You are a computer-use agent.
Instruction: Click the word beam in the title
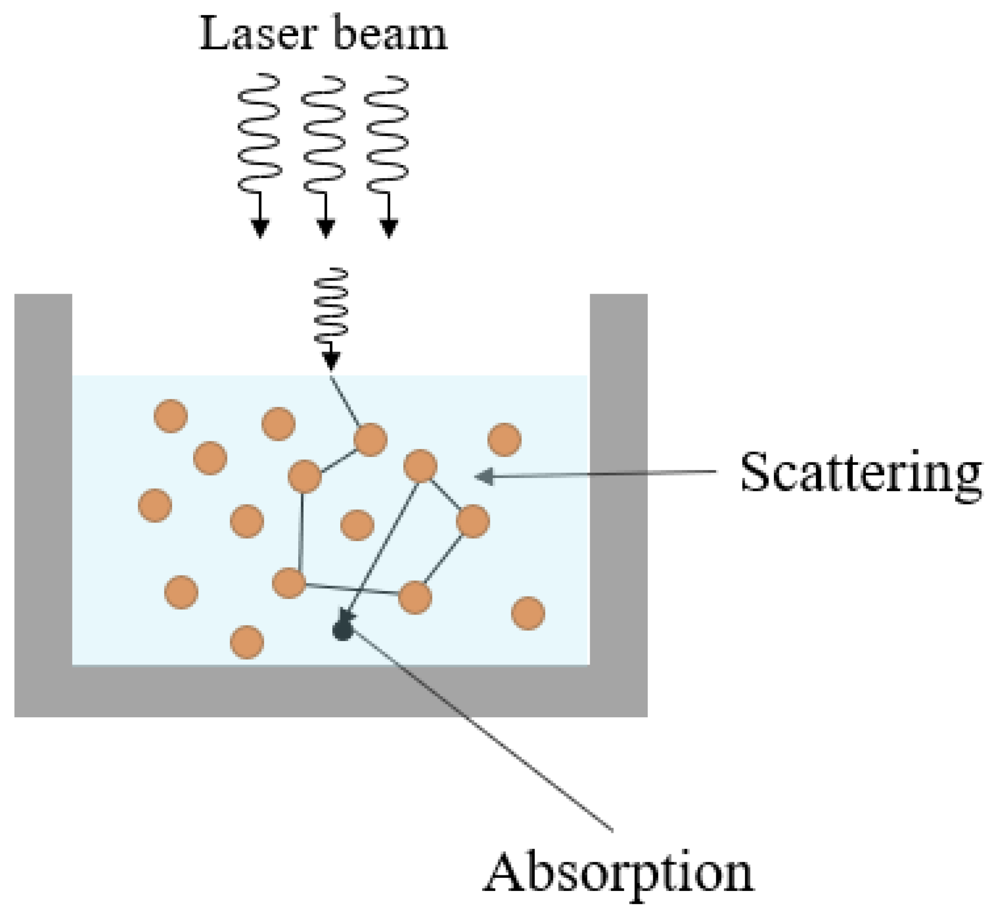pyautogui.click(x=391, y=34)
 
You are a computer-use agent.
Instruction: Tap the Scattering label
pyautogui.click(x=860, y=472)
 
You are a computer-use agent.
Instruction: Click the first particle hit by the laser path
pyautogui.click(x=370, y=439)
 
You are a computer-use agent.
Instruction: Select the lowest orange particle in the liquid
pyautogui.click(x=246, y=642)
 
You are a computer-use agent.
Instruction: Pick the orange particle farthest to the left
pyautogui.click(x=155, y=505)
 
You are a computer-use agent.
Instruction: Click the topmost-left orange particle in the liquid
pyautogui.click(x=171, y=416)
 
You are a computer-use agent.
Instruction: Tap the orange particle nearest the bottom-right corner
pyautogui.click(x=528, y=613)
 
